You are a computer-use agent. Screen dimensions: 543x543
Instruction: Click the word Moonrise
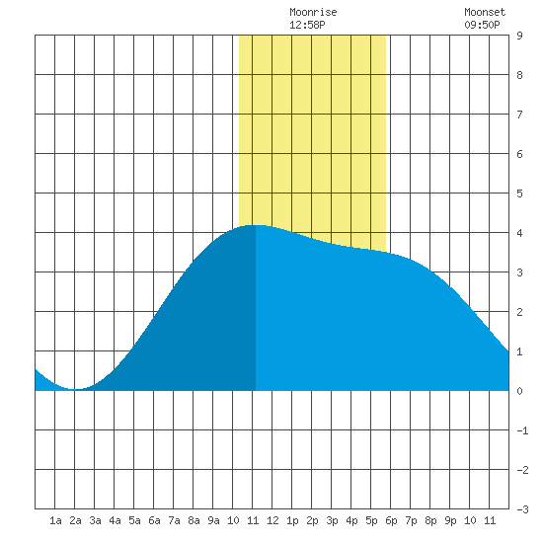click(313, 12)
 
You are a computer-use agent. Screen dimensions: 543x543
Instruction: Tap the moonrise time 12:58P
click(307, 25)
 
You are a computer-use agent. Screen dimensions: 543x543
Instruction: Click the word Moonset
click(485, 12)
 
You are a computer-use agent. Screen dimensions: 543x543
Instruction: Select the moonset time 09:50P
click(482, 25)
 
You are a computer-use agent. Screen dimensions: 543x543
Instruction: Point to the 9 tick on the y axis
click(519, 36)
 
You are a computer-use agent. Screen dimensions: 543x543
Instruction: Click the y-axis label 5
click(519, 194)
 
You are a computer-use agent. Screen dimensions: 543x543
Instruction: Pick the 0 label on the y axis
click(519, 391)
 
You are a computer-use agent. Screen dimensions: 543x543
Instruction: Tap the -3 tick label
click(522, 509)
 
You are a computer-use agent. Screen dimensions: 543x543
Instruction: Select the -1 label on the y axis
click(522, 430)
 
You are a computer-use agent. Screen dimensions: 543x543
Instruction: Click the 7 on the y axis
click(519, 115)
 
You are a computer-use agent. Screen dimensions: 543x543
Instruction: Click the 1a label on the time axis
click(55, 520)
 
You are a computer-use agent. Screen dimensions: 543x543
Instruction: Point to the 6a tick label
click(154, 520)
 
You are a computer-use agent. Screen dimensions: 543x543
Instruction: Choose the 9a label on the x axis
click(213, 520)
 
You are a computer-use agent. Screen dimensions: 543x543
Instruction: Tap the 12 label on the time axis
click(272, 520)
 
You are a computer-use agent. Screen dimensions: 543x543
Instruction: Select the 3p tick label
click(332, 520)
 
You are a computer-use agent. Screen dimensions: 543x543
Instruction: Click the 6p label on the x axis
click(391, 520)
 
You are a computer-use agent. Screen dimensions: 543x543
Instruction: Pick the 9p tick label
click(450, 520)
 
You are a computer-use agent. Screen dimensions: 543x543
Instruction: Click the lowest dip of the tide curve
click(76, 389)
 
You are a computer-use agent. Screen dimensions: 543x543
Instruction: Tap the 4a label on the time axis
click(115, 520)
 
